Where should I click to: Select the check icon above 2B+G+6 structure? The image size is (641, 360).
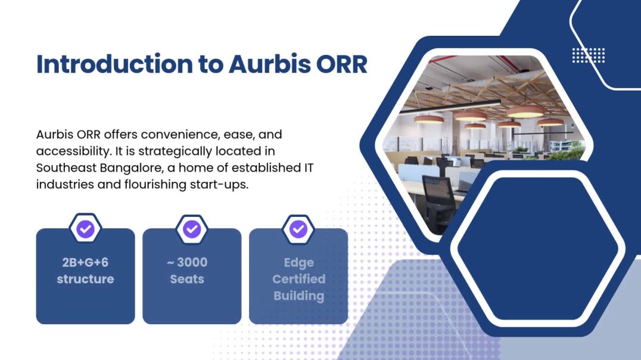pyautogui.click(x=86, y=229)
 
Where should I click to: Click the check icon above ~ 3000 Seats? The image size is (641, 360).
pyautogui.click(x=192, y=229)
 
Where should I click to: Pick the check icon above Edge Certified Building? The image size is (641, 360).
pyautogui.click(x=298, y=229)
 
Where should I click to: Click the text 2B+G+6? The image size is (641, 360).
pyautogui.click(x=85, y=262)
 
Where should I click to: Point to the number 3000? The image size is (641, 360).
pyautogui.click(x=192, y=262)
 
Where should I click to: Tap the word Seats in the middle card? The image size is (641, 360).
pyautogui.click(x=187, y=279)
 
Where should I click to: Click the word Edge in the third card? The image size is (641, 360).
pyautogui.click(x=298, y=263)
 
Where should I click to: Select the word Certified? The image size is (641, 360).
pyautogui.click(x=298, y=279)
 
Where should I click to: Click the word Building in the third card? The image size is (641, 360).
pyautogui.click(x=298, y=296)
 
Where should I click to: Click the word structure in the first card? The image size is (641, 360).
pyautogui.click(x=85, y=279)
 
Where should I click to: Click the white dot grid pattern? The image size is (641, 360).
pyautogui.click(x=589, y=55)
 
